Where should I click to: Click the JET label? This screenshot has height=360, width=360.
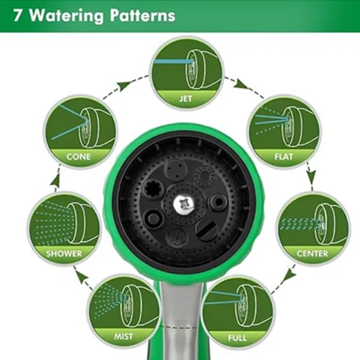[x=185, y=99]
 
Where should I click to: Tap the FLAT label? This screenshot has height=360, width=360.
[x=284, y=157]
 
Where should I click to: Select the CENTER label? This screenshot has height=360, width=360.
[x=312, y=254]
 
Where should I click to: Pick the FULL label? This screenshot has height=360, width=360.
[x=237, y=338]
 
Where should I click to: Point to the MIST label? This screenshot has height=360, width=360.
[x=124, y=336]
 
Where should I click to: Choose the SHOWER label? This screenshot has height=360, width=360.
[x=64, y=254]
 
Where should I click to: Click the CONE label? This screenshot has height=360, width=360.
[x=79, y=157]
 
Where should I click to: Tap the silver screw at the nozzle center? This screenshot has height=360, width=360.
[x=184, y=204]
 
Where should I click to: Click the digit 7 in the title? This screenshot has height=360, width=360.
[x=17, y=16]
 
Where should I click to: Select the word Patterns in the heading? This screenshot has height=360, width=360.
[x=143, y=15]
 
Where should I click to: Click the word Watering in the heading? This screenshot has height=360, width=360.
[x=66, y=16]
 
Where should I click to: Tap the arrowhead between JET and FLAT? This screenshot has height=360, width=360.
[x=242, y=85]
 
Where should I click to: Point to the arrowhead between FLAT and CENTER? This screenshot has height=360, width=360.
[x=311, y=176]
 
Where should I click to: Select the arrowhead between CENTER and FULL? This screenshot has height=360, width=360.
[x=290, y=275]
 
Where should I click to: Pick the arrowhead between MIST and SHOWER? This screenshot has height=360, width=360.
[x=82, y=275]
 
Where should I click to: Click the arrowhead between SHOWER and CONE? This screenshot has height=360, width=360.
[x=55, y=181]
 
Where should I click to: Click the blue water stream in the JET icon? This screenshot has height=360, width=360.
[x=173, y=62]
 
